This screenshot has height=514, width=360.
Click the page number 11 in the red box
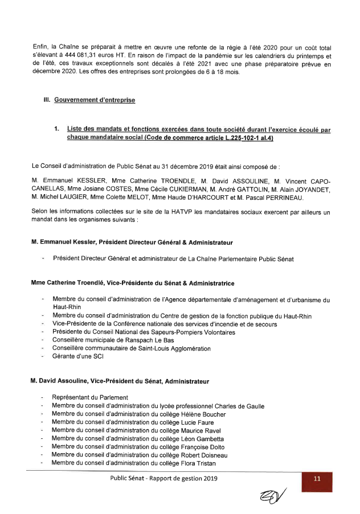pyautogui.click(x=317, y=479)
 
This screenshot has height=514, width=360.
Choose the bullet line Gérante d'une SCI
pyautogui.click(x=77, y=356)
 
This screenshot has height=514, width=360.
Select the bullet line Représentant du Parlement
pyautogui.click(x=89, y=397)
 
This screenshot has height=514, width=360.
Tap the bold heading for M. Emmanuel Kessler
pyautogui.click(x=132, y=242)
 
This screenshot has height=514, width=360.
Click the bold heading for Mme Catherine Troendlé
pyautogui.click(x=132, y=283)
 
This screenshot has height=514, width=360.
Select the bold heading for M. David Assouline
pyautogui.click(x=120, y=381)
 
